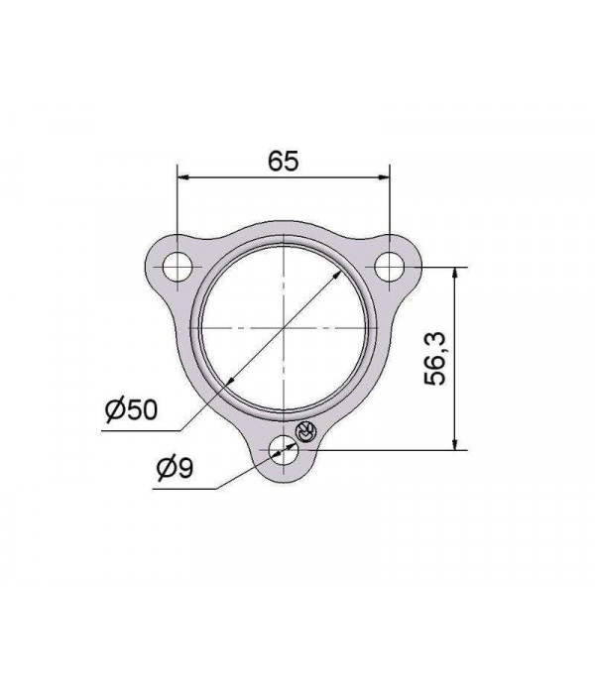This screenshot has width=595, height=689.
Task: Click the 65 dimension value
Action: [284, 161]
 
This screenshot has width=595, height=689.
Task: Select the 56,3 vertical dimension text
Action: [435, 359]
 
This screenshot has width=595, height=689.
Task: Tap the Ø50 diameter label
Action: [131, 409]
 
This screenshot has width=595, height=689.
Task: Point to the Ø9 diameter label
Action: [175, 468]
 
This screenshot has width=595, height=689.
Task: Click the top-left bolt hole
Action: [178, 267]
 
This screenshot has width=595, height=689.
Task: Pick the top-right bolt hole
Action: [390, 267]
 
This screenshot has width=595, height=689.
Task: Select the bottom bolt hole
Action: [284, 450]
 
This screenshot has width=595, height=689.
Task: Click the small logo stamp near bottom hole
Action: [305, 431]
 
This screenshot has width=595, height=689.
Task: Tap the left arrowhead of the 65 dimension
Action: [182, 177]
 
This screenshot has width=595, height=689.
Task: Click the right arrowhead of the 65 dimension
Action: [384, 177]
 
